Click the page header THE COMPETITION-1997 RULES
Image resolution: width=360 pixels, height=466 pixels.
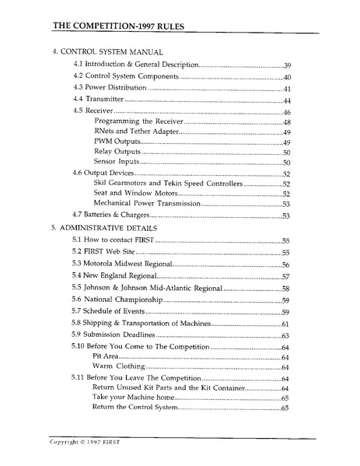[124, 25]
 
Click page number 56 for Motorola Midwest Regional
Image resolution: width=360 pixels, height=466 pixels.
[286, 265]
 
